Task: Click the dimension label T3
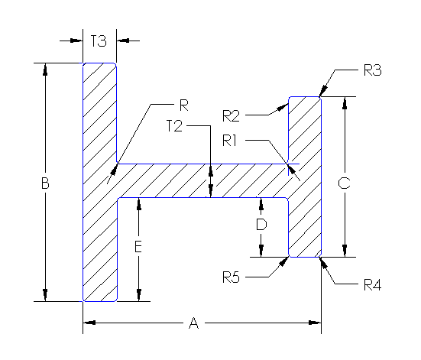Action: point(99,41)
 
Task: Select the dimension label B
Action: point(46,183)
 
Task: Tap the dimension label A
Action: point(193,324)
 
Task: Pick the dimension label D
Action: point(261,225)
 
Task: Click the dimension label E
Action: point(138,247)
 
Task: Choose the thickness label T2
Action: point(174,127)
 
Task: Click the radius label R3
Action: point(372,70)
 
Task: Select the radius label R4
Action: point(372,286)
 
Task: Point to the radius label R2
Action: point(232,115)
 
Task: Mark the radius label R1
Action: point(232,140)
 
